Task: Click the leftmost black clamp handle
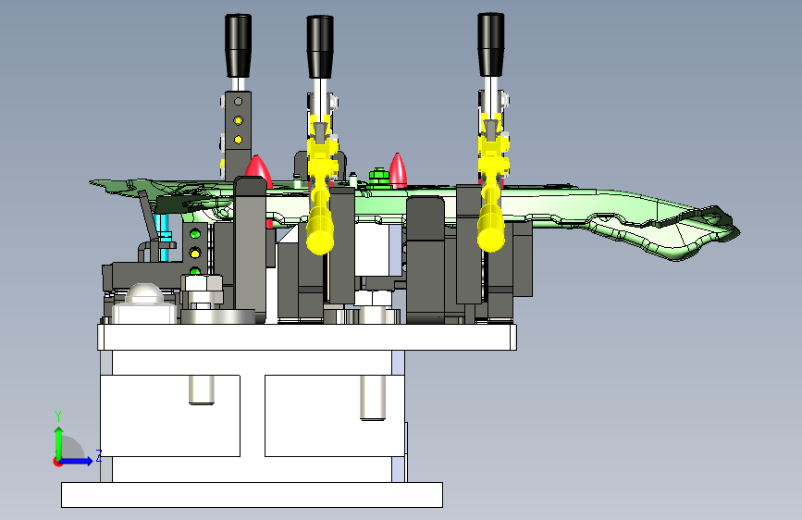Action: tap(238, 45)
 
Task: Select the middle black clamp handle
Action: tap(320, 46)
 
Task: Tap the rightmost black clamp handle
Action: tap(491, 44)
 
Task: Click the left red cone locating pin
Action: tap(258, 170)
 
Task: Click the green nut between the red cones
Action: tap(378, 176)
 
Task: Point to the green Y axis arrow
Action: tap(58, 444)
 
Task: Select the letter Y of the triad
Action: tap(58, 415)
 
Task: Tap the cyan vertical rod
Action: tap(164, 238)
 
